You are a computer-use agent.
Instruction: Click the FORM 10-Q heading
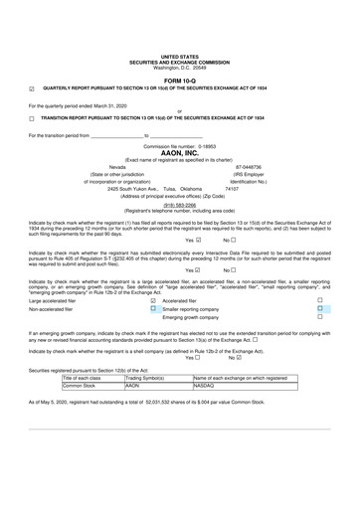pos(179,79)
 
